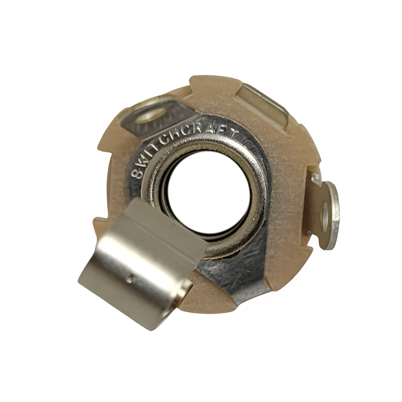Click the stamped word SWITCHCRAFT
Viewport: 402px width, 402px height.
[x=181, y=144]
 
